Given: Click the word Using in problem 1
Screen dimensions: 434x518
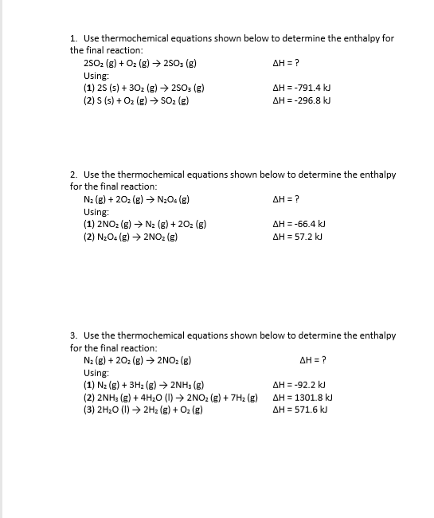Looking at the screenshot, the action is [96, 75].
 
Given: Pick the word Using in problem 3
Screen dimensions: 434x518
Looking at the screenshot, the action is [96, 372].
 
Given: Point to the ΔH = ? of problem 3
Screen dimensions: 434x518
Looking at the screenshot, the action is [313, 360].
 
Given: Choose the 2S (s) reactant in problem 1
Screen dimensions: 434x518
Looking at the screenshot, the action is [112, 88].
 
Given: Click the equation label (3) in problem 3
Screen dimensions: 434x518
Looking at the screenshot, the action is [90, 410].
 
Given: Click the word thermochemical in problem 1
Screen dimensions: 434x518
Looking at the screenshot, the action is [134, 37].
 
